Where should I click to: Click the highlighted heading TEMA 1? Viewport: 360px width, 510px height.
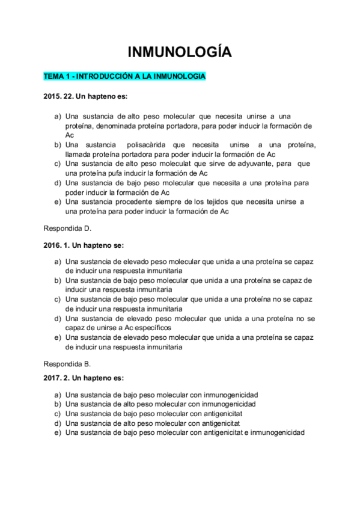(x=124, y=76)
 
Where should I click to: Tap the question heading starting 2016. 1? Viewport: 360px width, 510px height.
(x=84, y=245)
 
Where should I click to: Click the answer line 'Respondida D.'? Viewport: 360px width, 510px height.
(x=67, y=229)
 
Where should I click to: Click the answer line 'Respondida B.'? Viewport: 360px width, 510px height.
(x=67, y=364)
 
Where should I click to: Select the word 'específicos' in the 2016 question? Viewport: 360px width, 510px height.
(x=151, y=328)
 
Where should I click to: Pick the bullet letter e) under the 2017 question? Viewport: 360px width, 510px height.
(x=58, y=432)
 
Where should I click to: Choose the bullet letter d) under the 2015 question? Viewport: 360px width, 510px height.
(x=58, y=183)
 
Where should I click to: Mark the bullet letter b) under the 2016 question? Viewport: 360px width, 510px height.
(x=58, y=280)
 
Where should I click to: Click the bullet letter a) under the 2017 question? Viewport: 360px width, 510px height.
(x=58, y=395)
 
